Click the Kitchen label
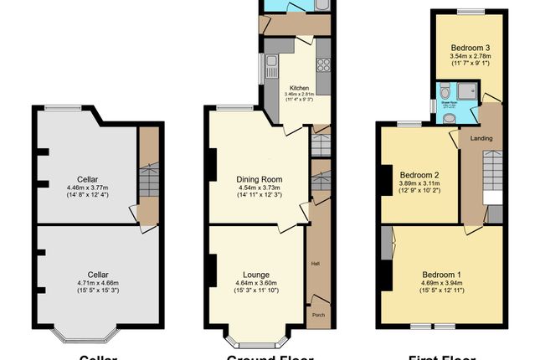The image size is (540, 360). tap(299, 88)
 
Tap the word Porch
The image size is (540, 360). tap(317, 316)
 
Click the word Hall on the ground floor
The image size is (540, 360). tap(316, 264)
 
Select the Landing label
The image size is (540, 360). tap(481, 138)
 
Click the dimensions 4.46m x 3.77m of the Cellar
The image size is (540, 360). tap(92, 188)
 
